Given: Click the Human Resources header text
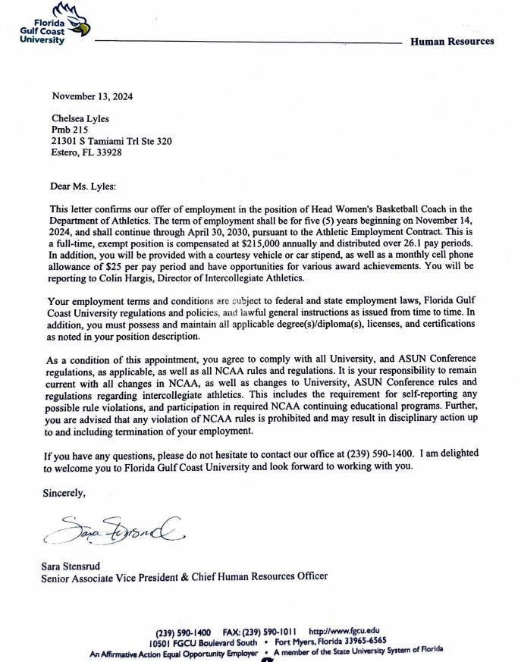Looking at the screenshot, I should coord(451,42).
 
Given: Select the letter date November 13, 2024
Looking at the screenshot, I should coord(92,96).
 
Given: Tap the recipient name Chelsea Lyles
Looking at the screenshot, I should coord(80,118).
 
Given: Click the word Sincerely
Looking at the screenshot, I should coord(64,493).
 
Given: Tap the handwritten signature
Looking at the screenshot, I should coord(114,529).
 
